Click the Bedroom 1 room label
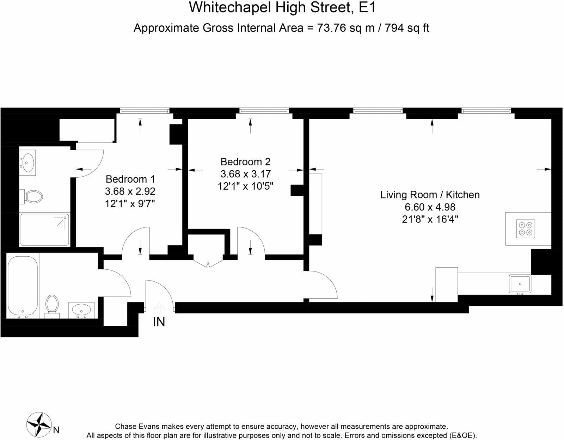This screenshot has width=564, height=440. (x=130, y=179)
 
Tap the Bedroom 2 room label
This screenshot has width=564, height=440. (x=245, y=162)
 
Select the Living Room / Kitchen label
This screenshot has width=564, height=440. (x=430, y=195)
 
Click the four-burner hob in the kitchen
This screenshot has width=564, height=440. (x=526, y=228)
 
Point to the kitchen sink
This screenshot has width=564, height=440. (x=520, y=284)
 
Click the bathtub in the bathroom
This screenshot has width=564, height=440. (x=23, y=286)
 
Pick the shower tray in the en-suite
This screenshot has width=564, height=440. (x=45, y=230)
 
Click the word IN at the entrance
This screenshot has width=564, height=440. (x=159, y=322)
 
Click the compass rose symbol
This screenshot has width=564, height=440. (x=39, y=424)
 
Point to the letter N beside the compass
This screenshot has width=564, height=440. (x=56, y=430)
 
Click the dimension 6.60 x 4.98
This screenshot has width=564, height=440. (x=430, y=207)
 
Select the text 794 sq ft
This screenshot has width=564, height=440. (x=407, y=28)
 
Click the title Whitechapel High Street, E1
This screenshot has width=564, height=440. (x=282, y=8)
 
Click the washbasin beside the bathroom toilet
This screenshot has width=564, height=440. (x=81, y=310)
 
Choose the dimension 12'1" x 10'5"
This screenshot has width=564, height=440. (x=245, y=186)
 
